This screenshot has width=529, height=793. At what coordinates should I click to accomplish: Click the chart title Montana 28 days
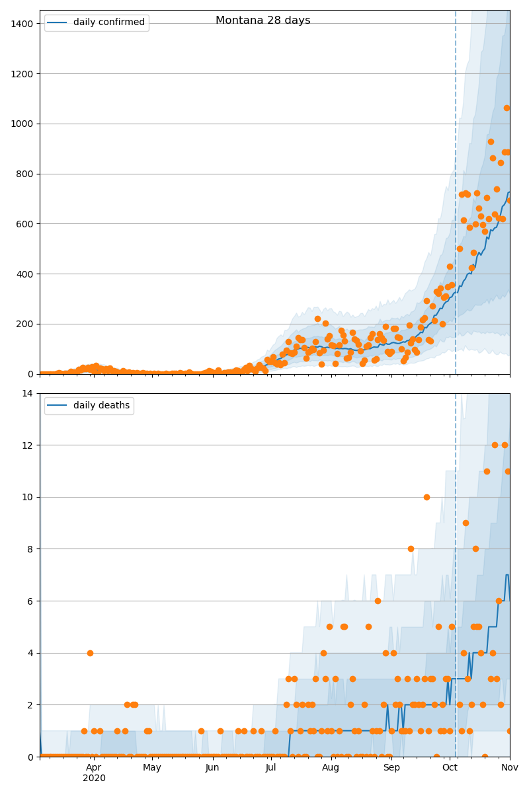(263, 20)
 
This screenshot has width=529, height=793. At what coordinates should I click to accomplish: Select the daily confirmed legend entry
(96, 22)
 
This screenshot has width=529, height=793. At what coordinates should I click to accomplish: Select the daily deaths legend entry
(89, 405)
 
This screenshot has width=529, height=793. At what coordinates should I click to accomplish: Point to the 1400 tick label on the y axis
(22, 24)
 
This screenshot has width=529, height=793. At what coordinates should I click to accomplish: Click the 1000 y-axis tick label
(22, 124)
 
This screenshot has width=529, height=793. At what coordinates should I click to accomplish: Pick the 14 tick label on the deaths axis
(27, 393)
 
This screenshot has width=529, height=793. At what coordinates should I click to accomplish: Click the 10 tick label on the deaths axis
(27, 497)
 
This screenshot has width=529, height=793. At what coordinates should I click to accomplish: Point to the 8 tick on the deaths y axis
(30, 549)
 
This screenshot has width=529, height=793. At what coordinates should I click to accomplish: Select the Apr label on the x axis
(94, 767)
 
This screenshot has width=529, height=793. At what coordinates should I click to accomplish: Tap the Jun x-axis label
(212, 767)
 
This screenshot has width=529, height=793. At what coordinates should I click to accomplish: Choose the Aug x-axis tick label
(331, 767)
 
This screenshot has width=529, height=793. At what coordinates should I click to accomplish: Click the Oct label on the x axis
(450, 767)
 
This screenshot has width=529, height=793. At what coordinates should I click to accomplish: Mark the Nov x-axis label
(510, 767)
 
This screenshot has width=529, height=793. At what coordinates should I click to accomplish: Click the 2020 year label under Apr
(94, 778)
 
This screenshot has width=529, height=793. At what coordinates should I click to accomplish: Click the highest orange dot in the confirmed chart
(507, 108)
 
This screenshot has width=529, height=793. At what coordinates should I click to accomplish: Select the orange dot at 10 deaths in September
(427, 497)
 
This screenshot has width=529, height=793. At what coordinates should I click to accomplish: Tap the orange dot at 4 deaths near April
(90, 653)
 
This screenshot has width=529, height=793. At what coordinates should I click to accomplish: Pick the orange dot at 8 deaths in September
(411, 549)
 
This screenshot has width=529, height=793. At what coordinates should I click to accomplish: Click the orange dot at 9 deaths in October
(466, 523)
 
